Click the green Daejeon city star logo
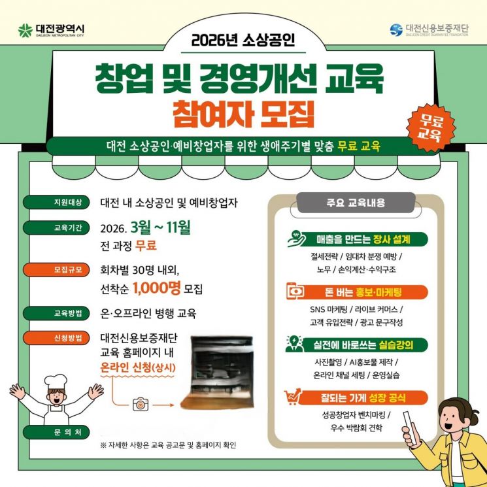(x=25, y=31)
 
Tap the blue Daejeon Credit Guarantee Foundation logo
(x=396, y=30)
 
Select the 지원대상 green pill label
(x=56, y=202)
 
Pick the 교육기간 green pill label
(x=56, y=227)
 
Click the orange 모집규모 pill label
(x=56, y=269)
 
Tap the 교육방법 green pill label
(x=56, y=312)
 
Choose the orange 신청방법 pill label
(x=56, y=337)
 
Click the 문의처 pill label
(x=56, y=432)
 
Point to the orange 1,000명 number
(x=156, y=288)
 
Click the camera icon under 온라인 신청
(x=141, y=405)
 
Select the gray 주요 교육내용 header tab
(x=356, y=203)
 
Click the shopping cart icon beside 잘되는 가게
(x=292, y=397)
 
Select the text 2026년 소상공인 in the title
(x=243, y=41)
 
